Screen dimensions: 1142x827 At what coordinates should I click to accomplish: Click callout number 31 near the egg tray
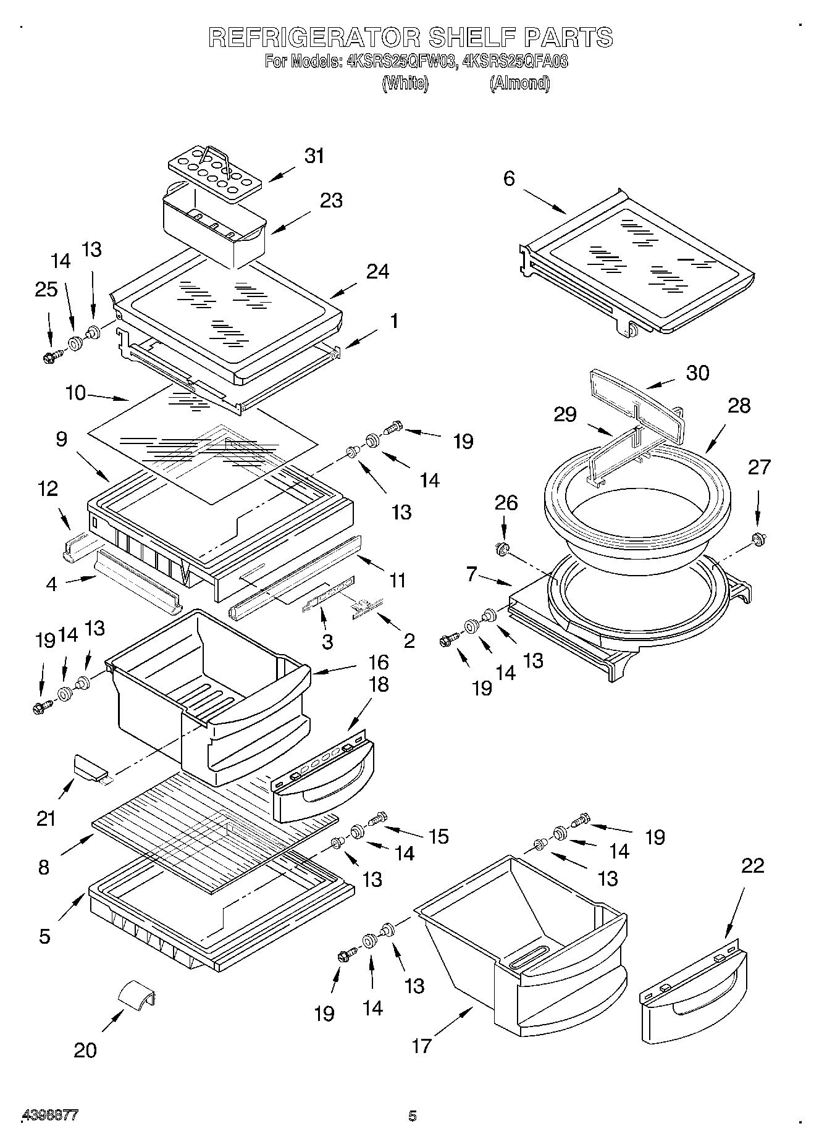pyautogui.click(x=314, y=156)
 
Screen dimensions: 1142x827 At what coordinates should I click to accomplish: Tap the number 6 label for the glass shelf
pyautogui.click(x=508, y=178)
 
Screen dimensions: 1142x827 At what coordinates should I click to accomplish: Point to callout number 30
pyautogui.click(x=697, y=373)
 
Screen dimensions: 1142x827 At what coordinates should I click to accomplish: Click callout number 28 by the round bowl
pyautogui.click(x=739, y=405)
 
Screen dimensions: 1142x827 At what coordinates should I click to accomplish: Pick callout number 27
pyautogui.click(x=759, y=467)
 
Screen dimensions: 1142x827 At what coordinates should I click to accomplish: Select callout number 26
pyautogui.click(x=506, y=503)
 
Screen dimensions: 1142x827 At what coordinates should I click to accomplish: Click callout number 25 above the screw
pyautogui.click(x=46, y=289)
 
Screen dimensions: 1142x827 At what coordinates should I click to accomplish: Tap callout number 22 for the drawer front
pyautogui.click(x=752, y=866)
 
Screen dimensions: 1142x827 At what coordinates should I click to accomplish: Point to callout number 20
pyautogui.click(x=85, y=1050)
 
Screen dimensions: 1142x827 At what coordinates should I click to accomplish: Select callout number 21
pyautogui.click(x=46, y=819)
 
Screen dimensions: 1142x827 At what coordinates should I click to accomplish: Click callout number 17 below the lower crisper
pyautogui.click(x=421, y=1046)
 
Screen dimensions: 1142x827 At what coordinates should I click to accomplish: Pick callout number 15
pyautogui.click(x=439, y=836)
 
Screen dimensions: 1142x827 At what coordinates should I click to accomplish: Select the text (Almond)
pyautogui.click(x=519, y=83)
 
